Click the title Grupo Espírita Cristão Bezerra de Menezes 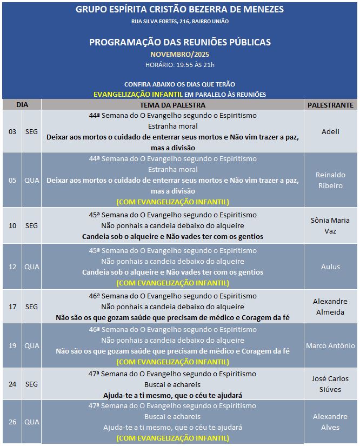tap(179, 9)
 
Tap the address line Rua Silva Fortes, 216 tap(179, 21)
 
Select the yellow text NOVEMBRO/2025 tap(179, 54)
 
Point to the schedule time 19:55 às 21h tap(179, 65)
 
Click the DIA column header tap(22, 104)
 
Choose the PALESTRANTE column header tap(330, 105)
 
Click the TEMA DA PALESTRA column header tap(172, 105)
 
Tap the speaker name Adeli tap(330, 131)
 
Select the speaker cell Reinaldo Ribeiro tap(330, 180)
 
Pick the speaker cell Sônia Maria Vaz tap(330, 225)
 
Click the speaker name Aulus tap(330, 267)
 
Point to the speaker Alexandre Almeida tap(330, 307)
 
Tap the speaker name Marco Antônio tap(330, 345)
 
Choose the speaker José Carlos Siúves tap(330, 384)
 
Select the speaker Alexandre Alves tap(330, 422)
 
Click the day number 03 tap(12, 131)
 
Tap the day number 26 tap(12, 422)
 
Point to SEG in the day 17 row tap(32, 307)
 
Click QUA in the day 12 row tap(32, 267)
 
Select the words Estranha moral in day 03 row tap(172, 126)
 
